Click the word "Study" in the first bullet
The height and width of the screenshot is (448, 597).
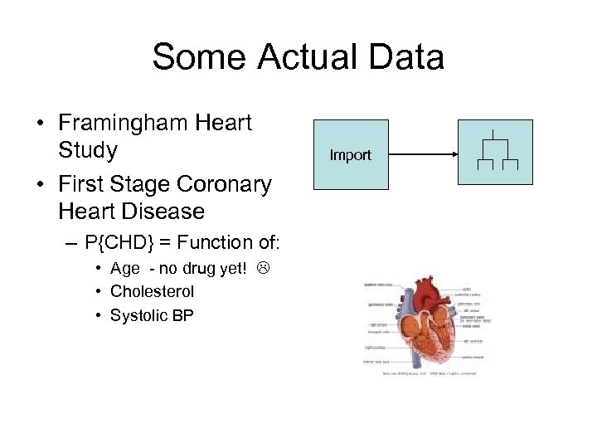[x=88, y=150]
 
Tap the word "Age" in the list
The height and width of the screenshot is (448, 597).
[x=125, y=269]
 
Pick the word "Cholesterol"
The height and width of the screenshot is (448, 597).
[x=152, y=291]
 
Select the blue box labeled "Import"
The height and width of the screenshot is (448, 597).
[x=350, y=154]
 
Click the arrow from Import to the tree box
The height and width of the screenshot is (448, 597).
[x=423, y=154]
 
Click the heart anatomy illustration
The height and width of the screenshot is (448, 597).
[x=432, y=328]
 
